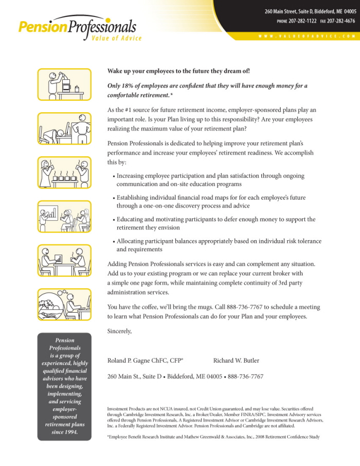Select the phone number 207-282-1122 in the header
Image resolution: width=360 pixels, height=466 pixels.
pos(303,21)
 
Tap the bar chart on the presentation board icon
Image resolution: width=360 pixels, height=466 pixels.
pos(51,211)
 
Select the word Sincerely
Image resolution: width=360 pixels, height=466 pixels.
pos(119,331)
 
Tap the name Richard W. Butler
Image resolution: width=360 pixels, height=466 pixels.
pos(236,361)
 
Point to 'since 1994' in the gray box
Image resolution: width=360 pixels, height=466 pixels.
pos(64,432)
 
